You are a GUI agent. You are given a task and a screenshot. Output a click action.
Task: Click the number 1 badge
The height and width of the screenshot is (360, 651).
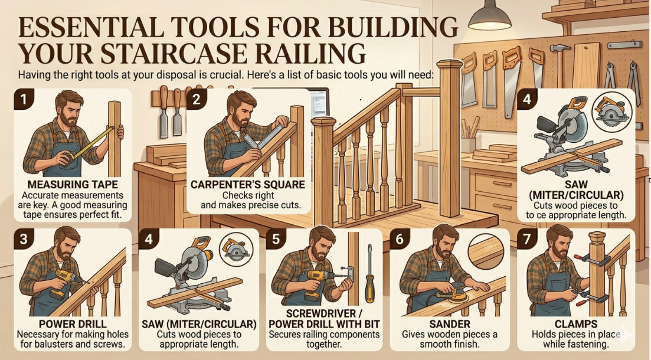point(24,99)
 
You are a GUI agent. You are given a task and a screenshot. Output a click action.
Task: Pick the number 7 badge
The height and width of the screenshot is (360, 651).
point(527,239)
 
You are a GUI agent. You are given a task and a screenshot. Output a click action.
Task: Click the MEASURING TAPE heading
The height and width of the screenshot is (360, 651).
point(73,184)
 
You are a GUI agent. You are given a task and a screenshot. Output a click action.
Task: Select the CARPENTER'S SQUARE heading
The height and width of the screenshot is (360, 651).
point(248,184)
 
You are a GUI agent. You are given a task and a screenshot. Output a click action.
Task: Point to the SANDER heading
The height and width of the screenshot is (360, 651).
point(450,323)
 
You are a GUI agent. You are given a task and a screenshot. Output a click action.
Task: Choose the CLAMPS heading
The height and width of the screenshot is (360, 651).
point(576,323)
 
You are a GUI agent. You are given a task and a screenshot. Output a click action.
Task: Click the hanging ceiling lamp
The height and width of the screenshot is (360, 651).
point(490,16)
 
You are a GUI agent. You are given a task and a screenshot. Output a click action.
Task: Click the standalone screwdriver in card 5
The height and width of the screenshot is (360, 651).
point(369,274)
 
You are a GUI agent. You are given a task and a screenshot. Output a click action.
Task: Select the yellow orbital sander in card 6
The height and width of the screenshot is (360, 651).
point(450,293)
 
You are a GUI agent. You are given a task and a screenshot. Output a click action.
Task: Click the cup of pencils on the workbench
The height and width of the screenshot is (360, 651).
point(468,136)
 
